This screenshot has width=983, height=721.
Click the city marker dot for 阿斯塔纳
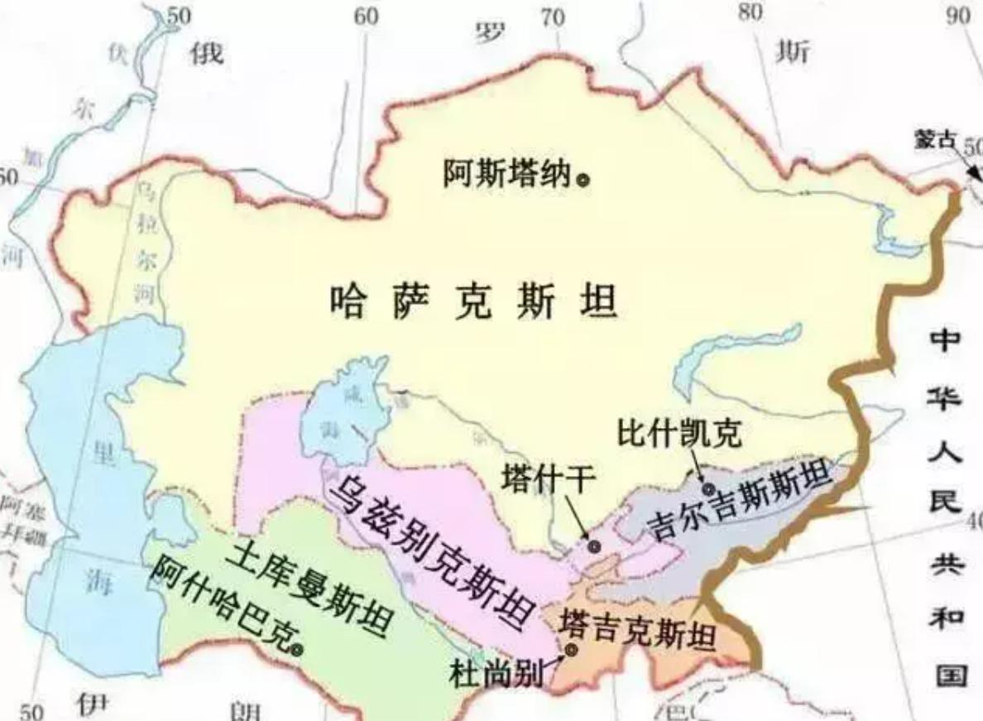tap(584, 178)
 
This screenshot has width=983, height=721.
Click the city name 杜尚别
tap(496, 673)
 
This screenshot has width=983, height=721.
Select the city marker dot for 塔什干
tap(594, 546)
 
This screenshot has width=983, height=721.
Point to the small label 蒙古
tap(935, 141)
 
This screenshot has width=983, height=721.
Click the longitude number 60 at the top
tap(367, 16)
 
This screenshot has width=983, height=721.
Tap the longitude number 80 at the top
tap(750, 12)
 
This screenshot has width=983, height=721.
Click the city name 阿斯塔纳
tap(508, 173)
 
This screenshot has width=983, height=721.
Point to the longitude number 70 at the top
tap(553, 17)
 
